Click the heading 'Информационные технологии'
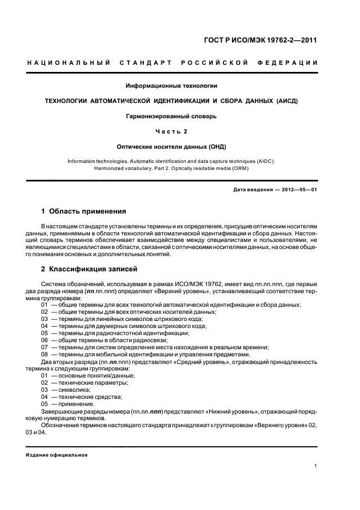(x=172, y=86)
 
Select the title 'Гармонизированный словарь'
(x=172, y=116)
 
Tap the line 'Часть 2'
(x=172, y=131)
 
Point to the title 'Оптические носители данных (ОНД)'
(x=172, y=147)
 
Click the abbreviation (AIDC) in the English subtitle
(x=265, y=162)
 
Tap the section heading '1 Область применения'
(x=84, y=211)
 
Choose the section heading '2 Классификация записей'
(x=90, y=269)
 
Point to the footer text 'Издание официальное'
(x=57, y=455)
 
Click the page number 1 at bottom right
(x=316, y=466)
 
